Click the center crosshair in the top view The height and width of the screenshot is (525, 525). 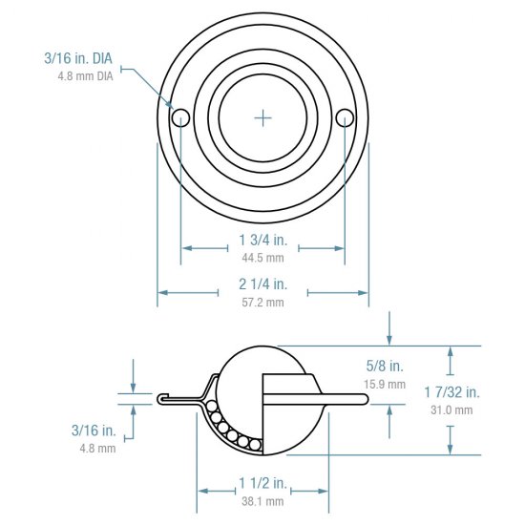[263, 117]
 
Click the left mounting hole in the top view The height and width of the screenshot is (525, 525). [180, 117]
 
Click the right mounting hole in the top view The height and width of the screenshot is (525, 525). [345, 117]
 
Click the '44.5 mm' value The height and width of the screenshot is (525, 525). [262, 258]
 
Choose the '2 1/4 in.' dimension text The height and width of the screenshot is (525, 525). [262, 284]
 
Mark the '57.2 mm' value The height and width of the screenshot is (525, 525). [262, 302]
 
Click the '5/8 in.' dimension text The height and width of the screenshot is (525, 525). [385, 367]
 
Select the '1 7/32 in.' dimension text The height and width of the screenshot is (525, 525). [451, 392]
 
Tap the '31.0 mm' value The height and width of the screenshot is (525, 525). [451, 409]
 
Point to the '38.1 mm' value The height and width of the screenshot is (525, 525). [262, 500]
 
